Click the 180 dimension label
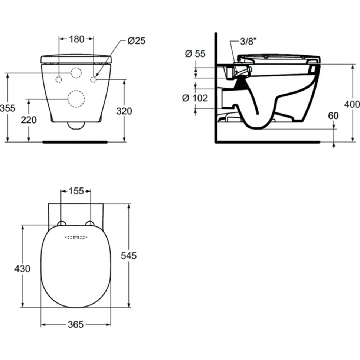(77, 39)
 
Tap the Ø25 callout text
(137, 40)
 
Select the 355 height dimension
(7, 108)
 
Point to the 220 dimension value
(29, 120)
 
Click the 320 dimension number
(124, 111)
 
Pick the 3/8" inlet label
(248, 42)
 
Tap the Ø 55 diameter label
(195, 54)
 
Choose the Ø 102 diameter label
(195, 98)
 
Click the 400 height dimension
(352, 104)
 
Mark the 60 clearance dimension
(333, 116)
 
